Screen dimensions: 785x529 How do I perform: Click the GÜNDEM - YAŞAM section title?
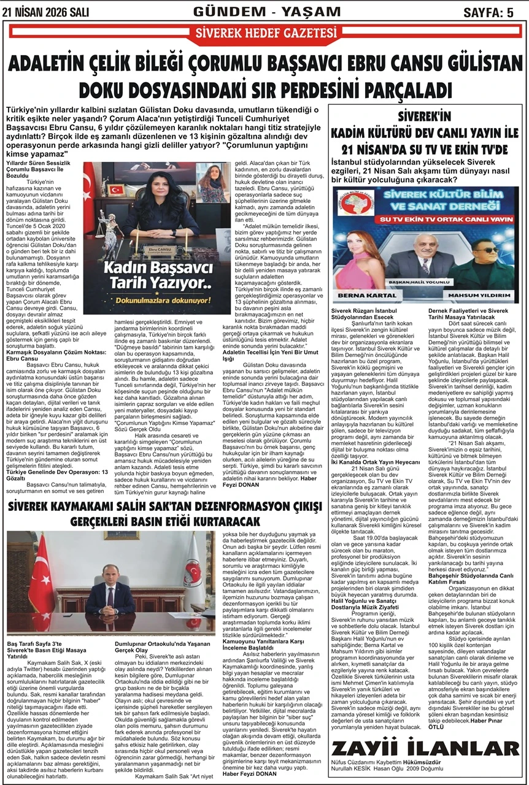266,11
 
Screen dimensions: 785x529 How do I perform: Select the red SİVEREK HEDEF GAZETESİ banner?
264,34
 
